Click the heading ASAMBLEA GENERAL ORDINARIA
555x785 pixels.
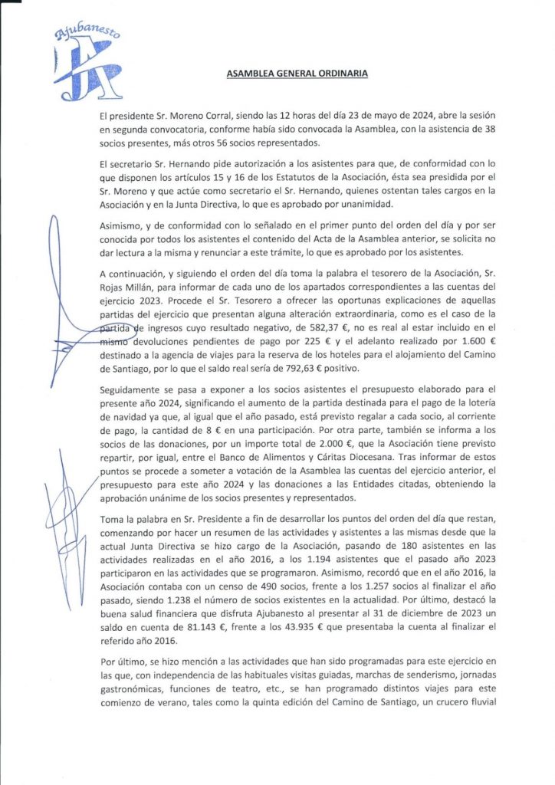[297, 74]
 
